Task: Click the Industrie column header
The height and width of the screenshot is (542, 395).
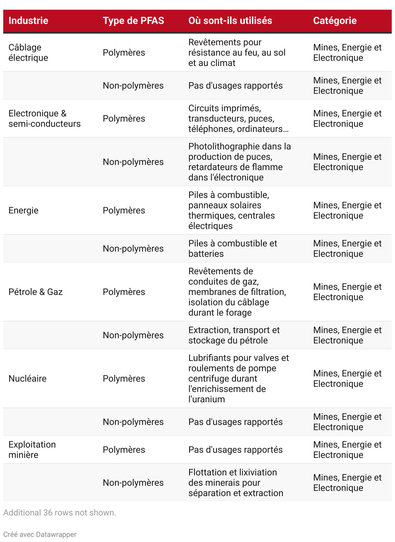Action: coord(28,21)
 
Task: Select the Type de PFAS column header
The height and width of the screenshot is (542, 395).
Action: coord(133,21)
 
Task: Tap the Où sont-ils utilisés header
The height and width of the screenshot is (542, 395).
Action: coord(230,21)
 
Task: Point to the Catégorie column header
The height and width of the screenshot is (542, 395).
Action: coord(335,21)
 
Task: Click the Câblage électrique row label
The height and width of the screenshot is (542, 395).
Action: coord(28,53)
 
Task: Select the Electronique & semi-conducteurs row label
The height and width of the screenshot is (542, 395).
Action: coord(44,119)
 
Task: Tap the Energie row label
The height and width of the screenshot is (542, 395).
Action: coord(23,211)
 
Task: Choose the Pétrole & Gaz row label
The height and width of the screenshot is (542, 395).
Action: coord(35,292)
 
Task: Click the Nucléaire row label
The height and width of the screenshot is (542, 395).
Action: coord(28,379)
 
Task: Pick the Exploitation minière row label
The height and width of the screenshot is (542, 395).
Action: coord(32,450)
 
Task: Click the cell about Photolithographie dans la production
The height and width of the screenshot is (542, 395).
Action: coord(240,162)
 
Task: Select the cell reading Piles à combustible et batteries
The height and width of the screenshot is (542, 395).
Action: coord(232,249)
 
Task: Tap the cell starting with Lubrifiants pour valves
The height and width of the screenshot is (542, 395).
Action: coord(239,379)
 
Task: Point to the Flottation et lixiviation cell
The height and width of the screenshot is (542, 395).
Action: coord(236,483)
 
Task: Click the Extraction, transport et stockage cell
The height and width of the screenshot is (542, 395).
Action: coord(234,335)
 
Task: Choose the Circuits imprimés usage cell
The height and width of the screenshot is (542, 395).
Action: coord(238,119)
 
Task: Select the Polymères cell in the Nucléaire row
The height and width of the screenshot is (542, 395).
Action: coord(124,379)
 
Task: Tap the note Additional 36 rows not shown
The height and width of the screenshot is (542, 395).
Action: coord(60,513)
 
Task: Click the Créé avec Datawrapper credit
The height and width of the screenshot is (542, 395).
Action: coord(40,535)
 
